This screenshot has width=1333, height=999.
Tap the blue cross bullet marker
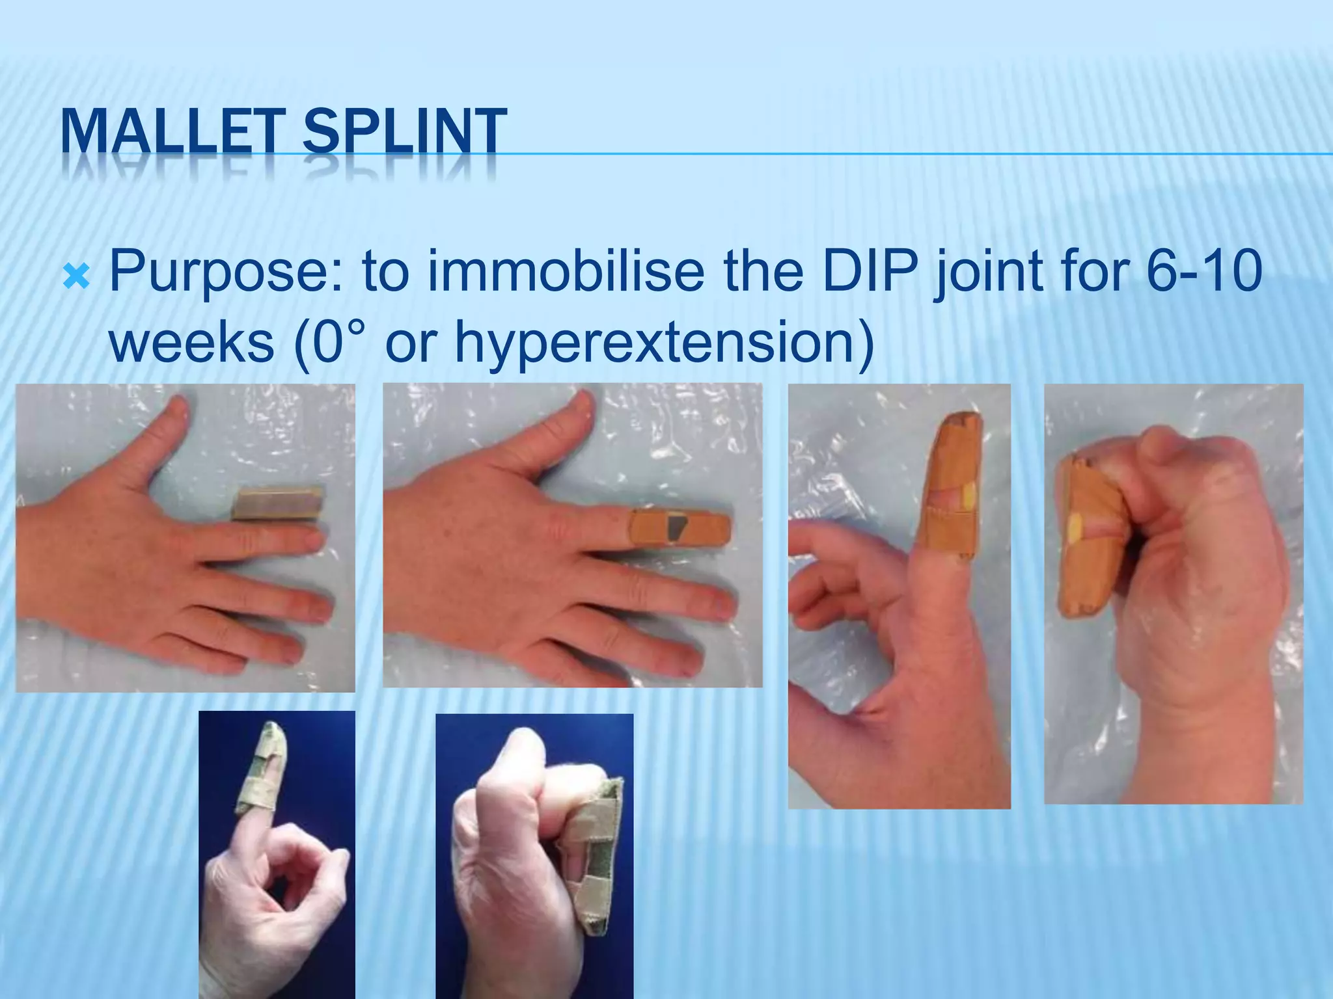pyautogui.click(x=76, y=278)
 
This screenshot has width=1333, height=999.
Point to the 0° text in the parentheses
pyautogui.click(x=339, y=342)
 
